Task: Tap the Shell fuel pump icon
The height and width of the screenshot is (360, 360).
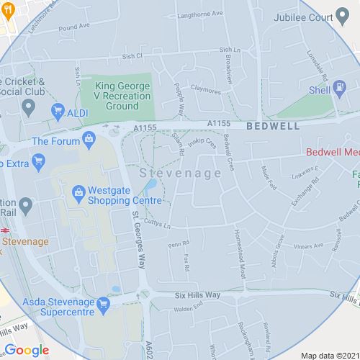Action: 338,89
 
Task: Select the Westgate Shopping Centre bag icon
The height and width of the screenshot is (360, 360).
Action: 78,194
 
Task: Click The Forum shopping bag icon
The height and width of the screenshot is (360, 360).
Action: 90,141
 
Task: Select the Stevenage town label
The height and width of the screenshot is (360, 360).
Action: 170,174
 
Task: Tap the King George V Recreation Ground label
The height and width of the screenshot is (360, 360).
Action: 123,96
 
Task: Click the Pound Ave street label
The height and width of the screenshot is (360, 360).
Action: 73,26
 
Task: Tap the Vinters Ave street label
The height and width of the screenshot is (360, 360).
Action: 308,246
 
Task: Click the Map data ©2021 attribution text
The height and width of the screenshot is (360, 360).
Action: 328,355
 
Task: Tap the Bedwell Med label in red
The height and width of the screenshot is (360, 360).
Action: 332,152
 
